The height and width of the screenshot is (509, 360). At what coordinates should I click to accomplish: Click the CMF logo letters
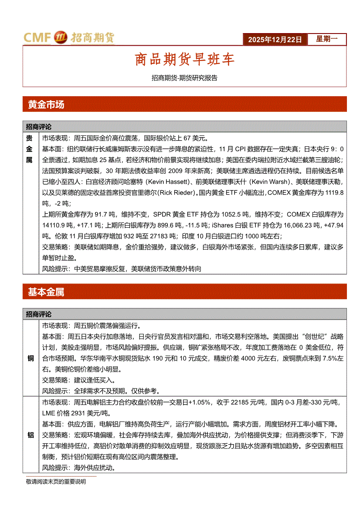(x=37, y=38)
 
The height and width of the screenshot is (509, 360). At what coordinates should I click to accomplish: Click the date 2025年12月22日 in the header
(x=275, y=40)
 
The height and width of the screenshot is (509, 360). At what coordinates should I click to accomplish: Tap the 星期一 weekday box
(x=326, y=39)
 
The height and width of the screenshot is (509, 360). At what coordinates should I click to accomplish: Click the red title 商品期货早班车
(x=185, y=60)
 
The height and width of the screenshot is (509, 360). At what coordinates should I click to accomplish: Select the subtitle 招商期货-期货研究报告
(x=184, y=78)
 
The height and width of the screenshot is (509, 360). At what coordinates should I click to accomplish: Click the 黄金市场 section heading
(x=46, y=104)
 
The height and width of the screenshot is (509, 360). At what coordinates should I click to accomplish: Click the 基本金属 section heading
(x=46, y=292)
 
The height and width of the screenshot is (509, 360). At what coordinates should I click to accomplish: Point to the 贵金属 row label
(x=30, y=149)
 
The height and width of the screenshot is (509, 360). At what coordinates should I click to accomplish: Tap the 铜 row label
(x=31, y=358)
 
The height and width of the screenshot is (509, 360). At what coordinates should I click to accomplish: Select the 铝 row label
(x=31, y=435)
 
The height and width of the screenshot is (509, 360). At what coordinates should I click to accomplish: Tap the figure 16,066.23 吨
(x=300, y=225)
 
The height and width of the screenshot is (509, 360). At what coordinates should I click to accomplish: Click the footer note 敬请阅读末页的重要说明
(x=56, y=482)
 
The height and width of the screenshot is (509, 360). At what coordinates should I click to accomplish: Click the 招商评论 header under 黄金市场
(x=39, y=127)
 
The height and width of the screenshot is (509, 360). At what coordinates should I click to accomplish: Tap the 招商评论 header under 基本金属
(x=39, y=314)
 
